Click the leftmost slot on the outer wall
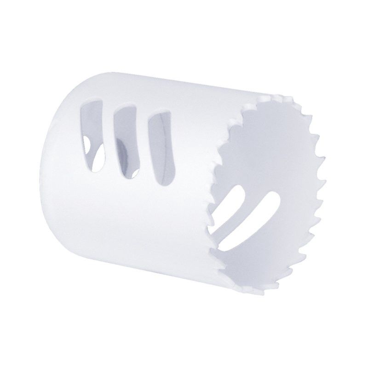[x=92, y=133]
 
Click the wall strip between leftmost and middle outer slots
[x=108, y=138]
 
